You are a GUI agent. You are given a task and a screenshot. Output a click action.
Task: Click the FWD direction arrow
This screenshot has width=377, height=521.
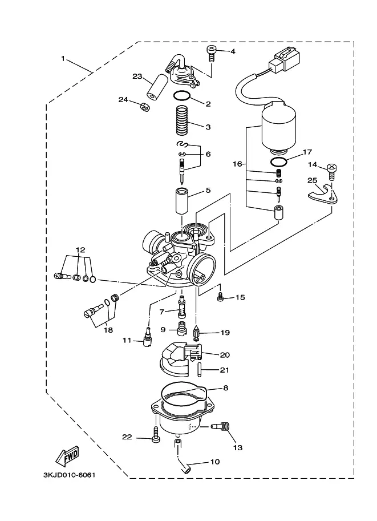[67, 455]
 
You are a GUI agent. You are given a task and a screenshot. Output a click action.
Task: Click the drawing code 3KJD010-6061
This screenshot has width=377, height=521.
[69, 475]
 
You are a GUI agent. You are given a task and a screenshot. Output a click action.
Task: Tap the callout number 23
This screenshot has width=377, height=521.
[137, 76]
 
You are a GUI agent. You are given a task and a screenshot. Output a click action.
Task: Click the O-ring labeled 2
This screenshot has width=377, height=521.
[181, 96]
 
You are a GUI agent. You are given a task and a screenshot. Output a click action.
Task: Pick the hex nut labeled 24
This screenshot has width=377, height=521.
[145, 107]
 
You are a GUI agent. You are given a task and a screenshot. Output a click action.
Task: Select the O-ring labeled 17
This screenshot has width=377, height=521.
[279, 162]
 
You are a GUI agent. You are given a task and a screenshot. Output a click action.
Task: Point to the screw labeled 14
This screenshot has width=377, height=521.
[331, 171]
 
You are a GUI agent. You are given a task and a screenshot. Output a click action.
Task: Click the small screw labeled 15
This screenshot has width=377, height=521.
[220, 297]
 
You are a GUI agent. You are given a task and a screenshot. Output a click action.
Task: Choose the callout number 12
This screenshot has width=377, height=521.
[80, 249]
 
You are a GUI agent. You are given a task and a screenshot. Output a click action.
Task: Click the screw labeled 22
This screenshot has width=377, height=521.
[156, 435]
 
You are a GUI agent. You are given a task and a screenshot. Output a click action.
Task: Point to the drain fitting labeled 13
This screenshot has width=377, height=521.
[221, 426]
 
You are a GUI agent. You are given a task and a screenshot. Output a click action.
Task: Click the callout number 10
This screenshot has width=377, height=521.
[215, 462]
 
